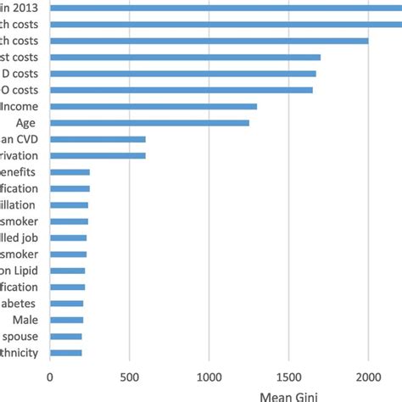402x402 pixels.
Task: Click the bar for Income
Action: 153,106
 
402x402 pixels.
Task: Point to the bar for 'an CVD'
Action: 98,139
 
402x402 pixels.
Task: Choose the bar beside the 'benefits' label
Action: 70,172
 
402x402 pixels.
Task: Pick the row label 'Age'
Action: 25,123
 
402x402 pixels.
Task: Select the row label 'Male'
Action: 24,320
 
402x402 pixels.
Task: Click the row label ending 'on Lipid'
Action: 19,271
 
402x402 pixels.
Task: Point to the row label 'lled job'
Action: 19,237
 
